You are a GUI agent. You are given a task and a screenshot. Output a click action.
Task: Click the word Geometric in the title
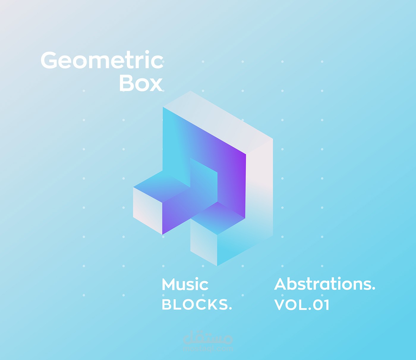tap(102, 60)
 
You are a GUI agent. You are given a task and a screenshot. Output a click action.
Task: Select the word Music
tap(185, 285)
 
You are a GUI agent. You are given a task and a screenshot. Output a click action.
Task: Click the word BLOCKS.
tap(196, 305)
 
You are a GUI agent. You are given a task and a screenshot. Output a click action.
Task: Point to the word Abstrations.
tap(324, 284)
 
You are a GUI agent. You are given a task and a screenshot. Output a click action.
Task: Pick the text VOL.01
tap(302, 305)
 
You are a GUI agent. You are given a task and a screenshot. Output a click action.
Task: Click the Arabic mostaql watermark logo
tap(208, 338)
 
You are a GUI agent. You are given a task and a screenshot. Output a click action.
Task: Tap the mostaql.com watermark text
tap(208, 349)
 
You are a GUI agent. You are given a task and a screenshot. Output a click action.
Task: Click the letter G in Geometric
tap(49, 60)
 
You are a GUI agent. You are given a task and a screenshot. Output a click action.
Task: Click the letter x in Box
tap(156, 84)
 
